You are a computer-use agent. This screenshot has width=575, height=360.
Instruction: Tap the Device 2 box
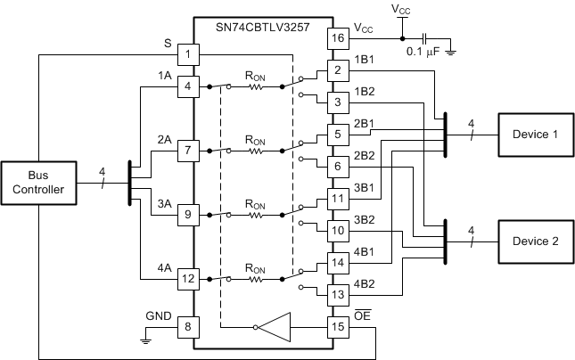pos(535,241)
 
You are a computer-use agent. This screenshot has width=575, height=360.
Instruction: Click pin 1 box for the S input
pos(188,54)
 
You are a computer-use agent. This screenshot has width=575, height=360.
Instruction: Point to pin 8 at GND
pos(188,326)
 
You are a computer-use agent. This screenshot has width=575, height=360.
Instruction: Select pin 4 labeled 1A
pos(188,86)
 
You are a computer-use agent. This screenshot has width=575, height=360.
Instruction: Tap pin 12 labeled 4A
pos(188,278)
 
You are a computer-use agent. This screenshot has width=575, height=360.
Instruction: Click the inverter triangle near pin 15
pos(276,327)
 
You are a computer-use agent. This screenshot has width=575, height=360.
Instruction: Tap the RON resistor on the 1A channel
pos(256,86)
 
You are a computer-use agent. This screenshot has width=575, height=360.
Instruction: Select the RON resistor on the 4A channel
pos(256,278)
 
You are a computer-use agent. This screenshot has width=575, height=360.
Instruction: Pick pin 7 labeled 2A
pos(188,150)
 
